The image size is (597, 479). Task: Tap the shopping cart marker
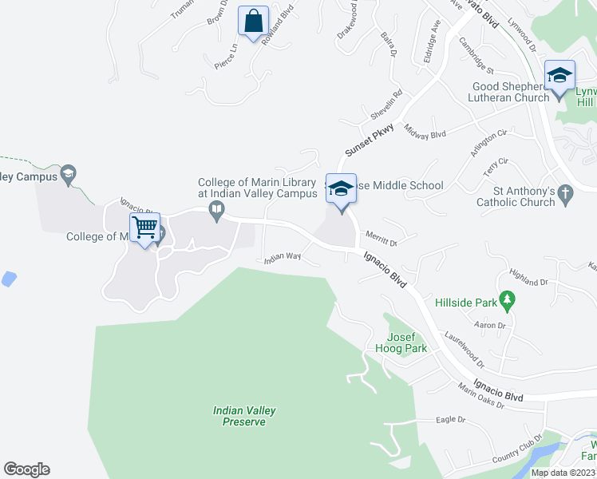[x=144, y=228]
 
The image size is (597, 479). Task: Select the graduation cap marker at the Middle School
[x=341, y=190]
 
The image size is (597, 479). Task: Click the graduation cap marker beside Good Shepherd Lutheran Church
[x=559, y=77]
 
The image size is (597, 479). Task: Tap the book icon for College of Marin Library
[x=215, y=210]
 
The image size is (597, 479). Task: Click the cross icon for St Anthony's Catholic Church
[x=565, y=193]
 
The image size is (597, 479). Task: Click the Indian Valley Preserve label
[x=244, y=416]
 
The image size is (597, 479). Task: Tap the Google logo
[x=26, y=469]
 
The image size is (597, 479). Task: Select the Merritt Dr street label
[x=381, y=237]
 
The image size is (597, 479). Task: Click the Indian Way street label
[x=283, y=258]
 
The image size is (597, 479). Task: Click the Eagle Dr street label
[x=451, y=419]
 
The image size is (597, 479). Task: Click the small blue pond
[x=8, y=279]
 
